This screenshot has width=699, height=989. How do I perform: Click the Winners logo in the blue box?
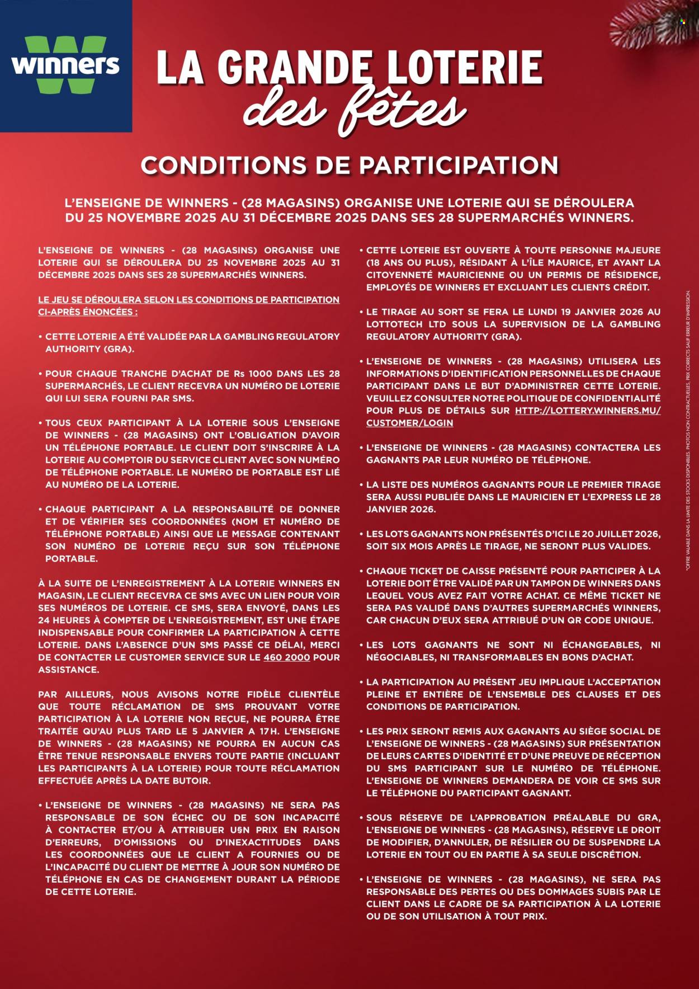(65, 65)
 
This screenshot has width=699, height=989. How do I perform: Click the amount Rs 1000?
(265, 374)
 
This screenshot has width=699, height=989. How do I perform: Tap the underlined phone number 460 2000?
(286, 657)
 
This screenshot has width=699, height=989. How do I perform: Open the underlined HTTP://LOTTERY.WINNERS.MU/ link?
(588, 411)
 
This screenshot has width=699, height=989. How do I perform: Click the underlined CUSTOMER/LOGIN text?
(409, 423)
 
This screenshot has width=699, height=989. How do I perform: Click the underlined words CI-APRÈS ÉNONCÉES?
(87, 312)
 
